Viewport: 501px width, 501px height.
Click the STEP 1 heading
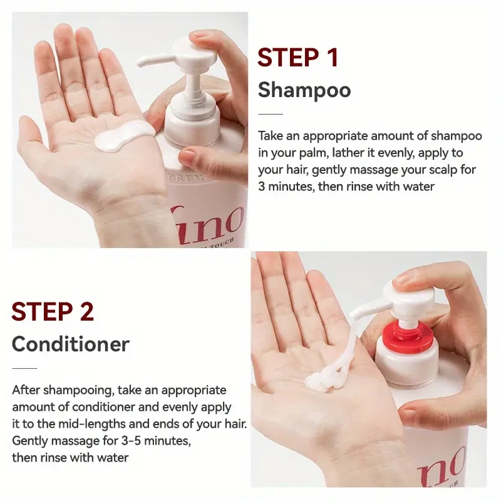(298, 57)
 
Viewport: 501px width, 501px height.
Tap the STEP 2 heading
(53, 311)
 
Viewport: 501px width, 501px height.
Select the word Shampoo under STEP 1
(304, 90)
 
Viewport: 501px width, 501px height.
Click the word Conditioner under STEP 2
(71, 344)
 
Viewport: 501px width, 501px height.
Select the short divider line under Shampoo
(271, 114)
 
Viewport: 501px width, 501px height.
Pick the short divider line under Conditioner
(24, 368)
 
